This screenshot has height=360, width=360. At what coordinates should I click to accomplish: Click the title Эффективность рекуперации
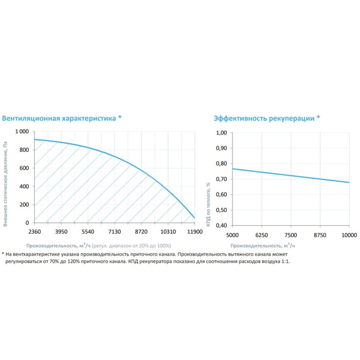coord(264,118)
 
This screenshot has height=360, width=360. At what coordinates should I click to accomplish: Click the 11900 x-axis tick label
coord(194,232)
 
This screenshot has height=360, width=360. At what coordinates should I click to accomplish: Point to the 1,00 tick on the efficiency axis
coord(221,133)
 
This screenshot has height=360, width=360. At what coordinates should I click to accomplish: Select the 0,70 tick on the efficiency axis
coord(221,179)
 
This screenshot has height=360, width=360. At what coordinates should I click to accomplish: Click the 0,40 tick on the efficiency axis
coord(221,225)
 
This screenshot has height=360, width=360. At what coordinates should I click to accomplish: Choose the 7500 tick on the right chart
coord(291,235)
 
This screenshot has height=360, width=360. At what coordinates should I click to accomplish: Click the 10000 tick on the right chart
coord(349,235)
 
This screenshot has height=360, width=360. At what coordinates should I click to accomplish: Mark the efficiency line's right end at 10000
coord(349,183)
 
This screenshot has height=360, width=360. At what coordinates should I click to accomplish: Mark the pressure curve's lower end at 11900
coord(194,218)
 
